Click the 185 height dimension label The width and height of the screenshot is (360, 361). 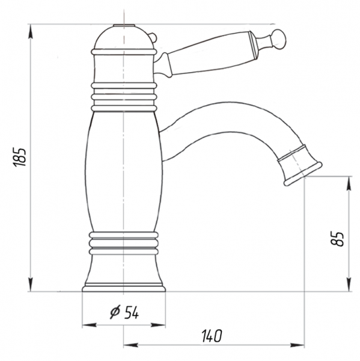pos(19,157)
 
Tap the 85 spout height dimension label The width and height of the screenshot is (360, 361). pos(337,239)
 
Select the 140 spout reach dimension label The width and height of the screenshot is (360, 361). pos(212,336)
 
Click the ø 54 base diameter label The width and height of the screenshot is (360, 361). pos(124,312)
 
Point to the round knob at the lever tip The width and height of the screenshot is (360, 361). pos(278,39)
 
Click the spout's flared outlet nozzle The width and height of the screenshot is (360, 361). pos(299,165)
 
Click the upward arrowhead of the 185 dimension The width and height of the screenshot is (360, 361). pos(31,31)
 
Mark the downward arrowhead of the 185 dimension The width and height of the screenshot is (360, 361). pos(31,285)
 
